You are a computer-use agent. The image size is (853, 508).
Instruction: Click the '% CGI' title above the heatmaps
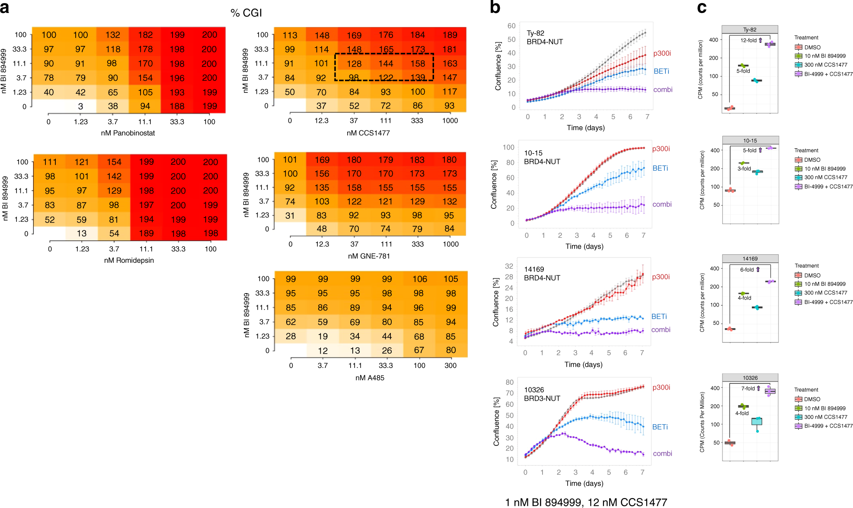pos(246,13)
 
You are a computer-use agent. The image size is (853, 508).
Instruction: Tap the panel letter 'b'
pos(495,7)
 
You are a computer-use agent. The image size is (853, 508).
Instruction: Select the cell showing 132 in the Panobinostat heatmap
pos(112,35)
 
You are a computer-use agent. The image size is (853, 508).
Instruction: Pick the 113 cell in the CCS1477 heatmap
pos(290,35)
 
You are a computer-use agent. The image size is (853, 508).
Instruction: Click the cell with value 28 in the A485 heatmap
pos(291,336)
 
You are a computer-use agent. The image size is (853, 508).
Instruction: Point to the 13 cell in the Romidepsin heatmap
pos(81,233)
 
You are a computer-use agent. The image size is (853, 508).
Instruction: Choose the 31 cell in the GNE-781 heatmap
pos(290,215)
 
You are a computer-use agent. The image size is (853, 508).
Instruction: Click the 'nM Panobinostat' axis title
pos(128,133)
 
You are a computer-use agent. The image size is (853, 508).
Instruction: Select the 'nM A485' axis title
pos(370,378)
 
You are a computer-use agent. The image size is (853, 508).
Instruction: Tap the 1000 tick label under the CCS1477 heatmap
pos(450,121)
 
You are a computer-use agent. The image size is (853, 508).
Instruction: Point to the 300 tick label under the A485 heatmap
pos(450,366)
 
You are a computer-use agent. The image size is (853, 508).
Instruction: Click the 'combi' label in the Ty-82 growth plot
pos(662,90)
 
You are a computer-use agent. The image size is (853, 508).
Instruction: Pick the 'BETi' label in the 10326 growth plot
pos(660,427)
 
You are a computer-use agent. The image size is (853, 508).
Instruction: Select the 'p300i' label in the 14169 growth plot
pos(661,277)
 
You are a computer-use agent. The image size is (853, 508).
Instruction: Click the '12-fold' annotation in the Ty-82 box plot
pos(748,41)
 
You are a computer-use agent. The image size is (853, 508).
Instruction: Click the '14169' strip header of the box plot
pos(750,259)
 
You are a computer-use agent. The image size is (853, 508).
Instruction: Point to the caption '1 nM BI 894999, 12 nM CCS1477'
pos(586,502)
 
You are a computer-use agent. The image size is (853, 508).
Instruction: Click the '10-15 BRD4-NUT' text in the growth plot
pos(542,157)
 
